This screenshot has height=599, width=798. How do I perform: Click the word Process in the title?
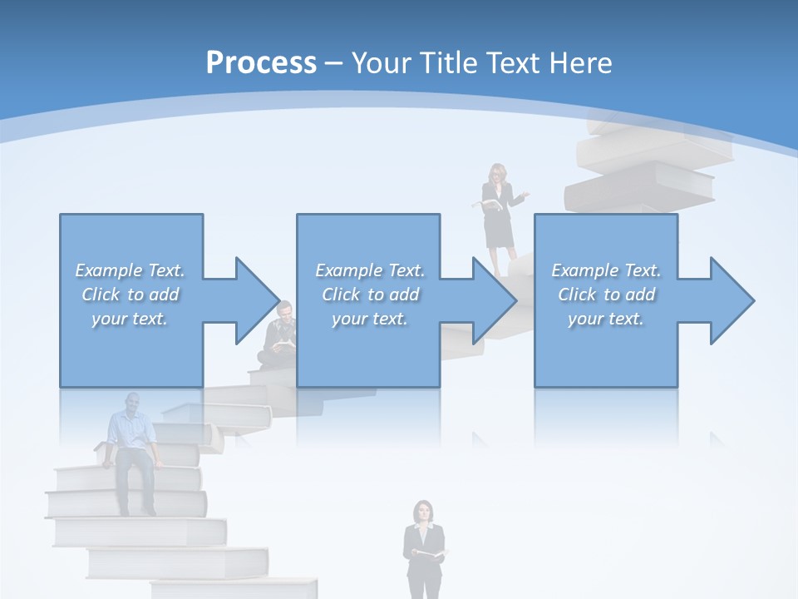coord(261,63)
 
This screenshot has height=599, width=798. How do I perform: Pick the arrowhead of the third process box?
coord(731,300)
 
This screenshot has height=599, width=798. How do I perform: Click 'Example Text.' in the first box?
coord(131,270)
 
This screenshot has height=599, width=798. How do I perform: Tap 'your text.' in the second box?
coord(370,319)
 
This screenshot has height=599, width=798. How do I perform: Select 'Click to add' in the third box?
coord(607,295)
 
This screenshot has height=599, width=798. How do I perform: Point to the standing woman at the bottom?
coord(424,549)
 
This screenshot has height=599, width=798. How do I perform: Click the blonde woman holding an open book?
coord(500,216)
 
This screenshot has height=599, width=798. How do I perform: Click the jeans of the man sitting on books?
coord(135,478)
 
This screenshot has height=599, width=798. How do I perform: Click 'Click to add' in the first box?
coord(131,295)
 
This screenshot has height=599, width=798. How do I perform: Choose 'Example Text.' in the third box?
coord(607,270)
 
